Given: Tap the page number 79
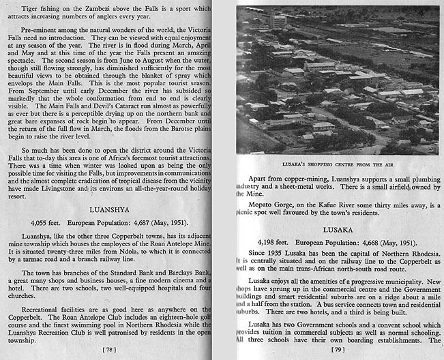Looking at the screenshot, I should point(339,350).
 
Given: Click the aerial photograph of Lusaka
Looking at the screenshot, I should point(338,80).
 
